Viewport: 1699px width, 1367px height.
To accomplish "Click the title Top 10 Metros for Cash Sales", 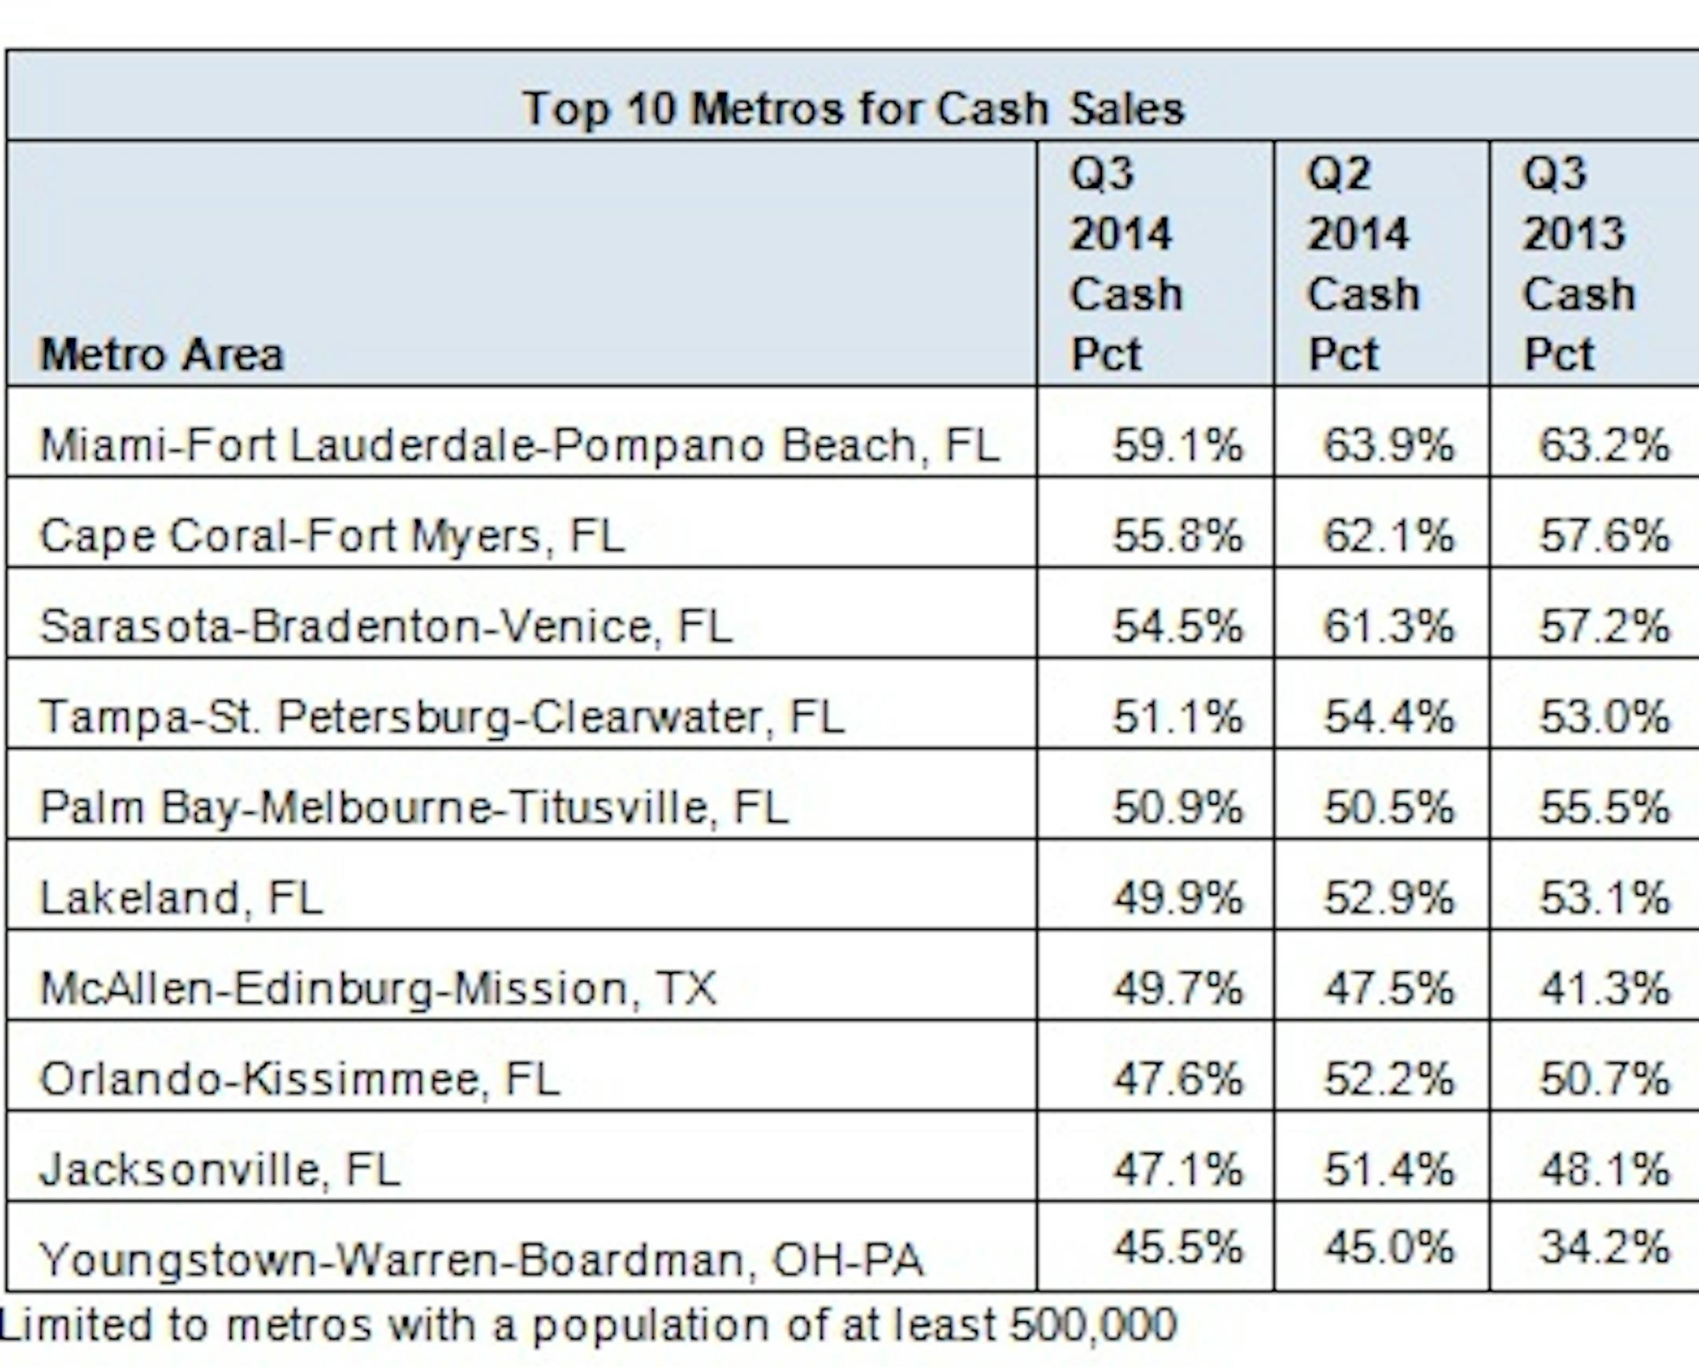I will pos(853,108).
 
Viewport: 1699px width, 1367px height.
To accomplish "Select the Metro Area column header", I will pos(161,355).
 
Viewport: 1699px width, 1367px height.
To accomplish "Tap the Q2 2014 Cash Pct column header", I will pos(1363,264).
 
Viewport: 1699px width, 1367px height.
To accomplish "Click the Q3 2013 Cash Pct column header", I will pos(1578,264).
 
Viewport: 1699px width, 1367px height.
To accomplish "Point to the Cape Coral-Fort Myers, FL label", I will pos(332,536).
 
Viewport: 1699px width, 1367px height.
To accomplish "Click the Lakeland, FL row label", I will pos(181,898).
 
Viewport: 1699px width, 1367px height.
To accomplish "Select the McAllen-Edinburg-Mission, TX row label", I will pos(378,988).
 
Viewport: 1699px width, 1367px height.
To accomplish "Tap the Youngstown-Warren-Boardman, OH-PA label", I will pos(481,1259).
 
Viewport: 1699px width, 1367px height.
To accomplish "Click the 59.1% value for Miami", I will pos(1178,445).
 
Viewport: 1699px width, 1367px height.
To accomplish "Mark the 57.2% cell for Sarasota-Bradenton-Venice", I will pos(1605,626).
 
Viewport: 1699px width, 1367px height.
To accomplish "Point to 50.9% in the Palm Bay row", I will pos(1178,808).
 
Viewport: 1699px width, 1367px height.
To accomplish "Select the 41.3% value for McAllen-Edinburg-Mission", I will pos(1605,988).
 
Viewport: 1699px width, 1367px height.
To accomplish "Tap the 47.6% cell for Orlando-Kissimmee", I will pos(1178,1078).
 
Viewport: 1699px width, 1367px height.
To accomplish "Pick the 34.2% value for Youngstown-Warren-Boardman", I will pos(1605,1247).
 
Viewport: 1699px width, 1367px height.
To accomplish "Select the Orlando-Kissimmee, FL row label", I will pos(300,1078).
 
